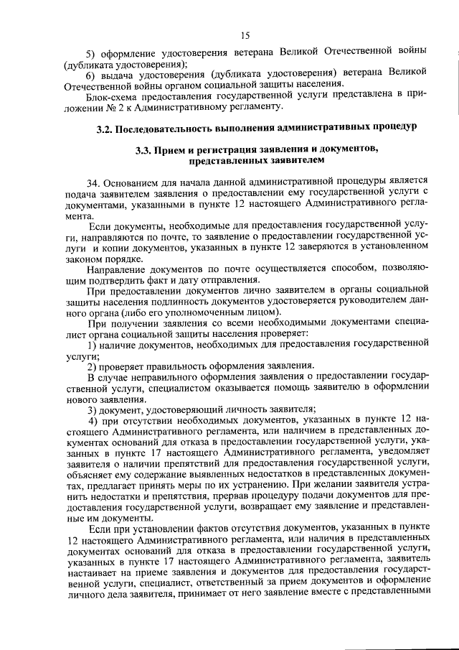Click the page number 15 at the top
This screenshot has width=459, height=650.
pyautogui.click(x=245, y=35)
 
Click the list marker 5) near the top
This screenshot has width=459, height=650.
pyautogui.click(x=91, y=52)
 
